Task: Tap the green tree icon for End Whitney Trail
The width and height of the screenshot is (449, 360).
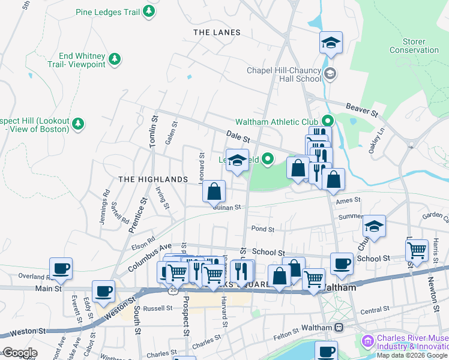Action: [x=113, y=59]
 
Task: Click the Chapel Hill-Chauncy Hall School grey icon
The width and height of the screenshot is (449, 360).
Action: [x=329, y=74]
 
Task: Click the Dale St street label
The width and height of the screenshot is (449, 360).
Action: [x=238, y=137]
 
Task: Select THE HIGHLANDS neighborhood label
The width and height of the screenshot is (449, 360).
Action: [x=153, y=179]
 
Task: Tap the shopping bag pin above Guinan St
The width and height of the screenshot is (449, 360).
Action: [x=214, y=192]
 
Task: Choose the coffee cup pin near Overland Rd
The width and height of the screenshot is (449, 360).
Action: [x=61, y=269]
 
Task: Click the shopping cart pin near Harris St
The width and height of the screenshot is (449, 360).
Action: [x=417, y=249]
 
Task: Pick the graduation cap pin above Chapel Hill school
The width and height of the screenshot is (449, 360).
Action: [x=330, y=43]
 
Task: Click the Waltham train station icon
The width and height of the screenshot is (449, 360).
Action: [x=339, y=328]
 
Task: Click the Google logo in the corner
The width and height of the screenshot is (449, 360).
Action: [x=19, y=353]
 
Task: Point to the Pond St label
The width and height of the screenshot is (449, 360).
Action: [x=262, y=229]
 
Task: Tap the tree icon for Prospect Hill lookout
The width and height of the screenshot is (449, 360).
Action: [x=77, y=124]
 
